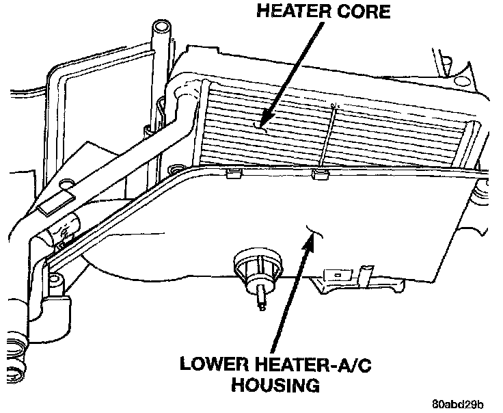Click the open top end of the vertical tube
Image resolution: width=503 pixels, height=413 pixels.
tap(162, 28)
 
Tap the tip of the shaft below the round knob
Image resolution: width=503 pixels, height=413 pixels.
tap(262, 306)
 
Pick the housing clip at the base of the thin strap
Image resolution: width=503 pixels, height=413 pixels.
tap(318, 176)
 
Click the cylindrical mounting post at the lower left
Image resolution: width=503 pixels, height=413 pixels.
tap(53, 280)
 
